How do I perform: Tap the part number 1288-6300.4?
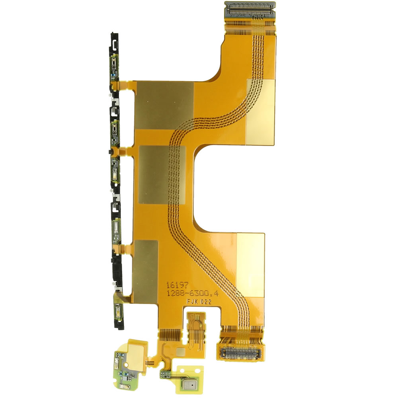point(192,293)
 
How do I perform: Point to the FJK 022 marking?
point(199,302)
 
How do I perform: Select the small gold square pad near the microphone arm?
point(181,351)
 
